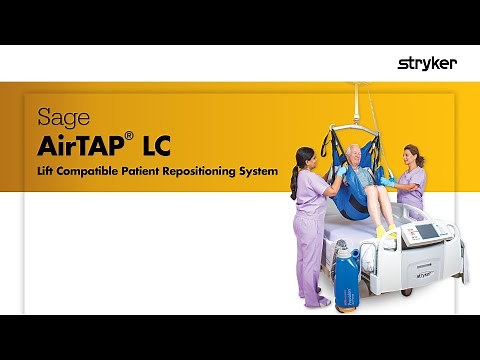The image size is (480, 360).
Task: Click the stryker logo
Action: click(x=427, y=63)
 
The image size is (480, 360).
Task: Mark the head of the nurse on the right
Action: click(x=410, y=154)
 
